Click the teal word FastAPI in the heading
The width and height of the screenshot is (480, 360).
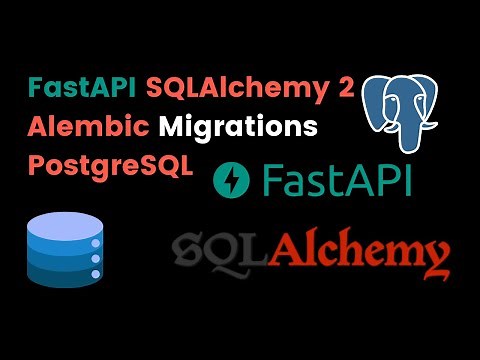point(83,88)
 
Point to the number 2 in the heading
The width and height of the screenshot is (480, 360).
point(345,88)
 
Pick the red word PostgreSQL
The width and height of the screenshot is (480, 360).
point(113,165)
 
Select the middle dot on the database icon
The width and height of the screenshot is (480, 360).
point(97,258)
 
